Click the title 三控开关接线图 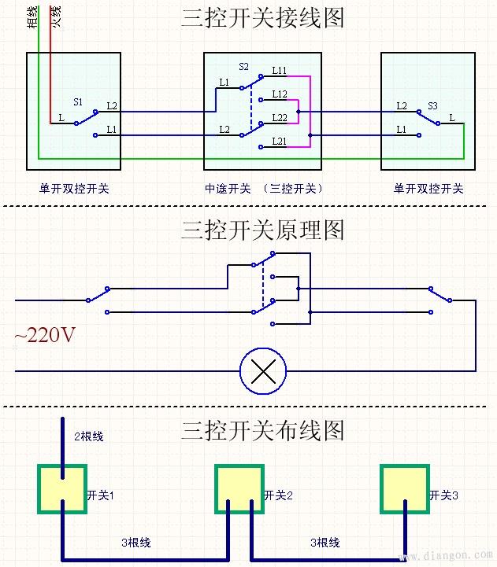pyautogui.click(x=262, y=18)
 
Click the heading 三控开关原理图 pyautogui.click(x=262, y=230)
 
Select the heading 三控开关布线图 pyautogui.click(x=262, y=430)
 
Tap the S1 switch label pyautogui.click(x=78, y=102)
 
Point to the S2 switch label pyautogui.click(x=243, y=68)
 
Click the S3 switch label pyautogui.click(x=432, y=105)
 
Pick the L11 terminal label pyautogui.click(x=279, y=71)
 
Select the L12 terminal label pyautogui.click(x=279, y=94)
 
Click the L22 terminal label pyautogui.click(x=279, y=117)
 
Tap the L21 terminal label pyautogui.click(x=279, y=141)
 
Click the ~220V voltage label pyautogui.click(x=45, y=336)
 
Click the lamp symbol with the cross pyautogui.click(x=262, y=370)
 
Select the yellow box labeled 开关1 pyautogui.click(x=62, y=488)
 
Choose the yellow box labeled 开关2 pyautogui.click(x=239, y=488)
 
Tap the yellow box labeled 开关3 pyautogui.click(x=405, y=488)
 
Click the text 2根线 pyautogui.click(x=88, y=436)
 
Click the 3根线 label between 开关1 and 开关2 pyautogui.click(x=135, y=543)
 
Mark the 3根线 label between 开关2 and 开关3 pyautogui.click(x=325, y=543)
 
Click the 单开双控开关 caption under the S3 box pyautogui.click(x=428, y=189)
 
